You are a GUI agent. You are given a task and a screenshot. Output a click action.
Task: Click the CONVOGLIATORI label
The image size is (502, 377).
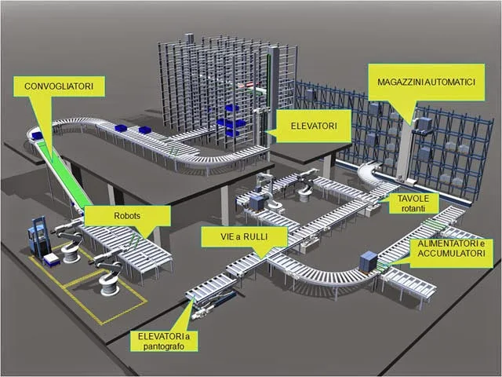pos(59,86)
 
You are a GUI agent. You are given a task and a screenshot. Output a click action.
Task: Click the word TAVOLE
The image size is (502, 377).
pos(409,199)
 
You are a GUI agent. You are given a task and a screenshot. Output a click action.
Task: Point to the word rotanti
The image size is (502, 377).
pos(408,209)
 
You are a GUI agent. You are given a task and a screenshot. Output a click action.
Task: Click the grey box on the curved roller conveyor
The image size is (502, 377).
pos(367,262)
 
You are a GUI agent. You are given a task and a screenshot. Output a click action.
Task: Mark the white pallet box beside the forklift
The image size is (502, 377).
pos(53,260)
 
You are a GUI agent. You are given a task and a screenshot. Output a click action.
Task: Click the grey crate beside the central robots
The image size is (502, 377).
pos(257,202)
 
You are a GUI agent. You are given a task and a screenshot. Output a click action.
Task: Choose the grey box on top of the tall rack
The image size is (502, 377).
pos(189,38)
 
